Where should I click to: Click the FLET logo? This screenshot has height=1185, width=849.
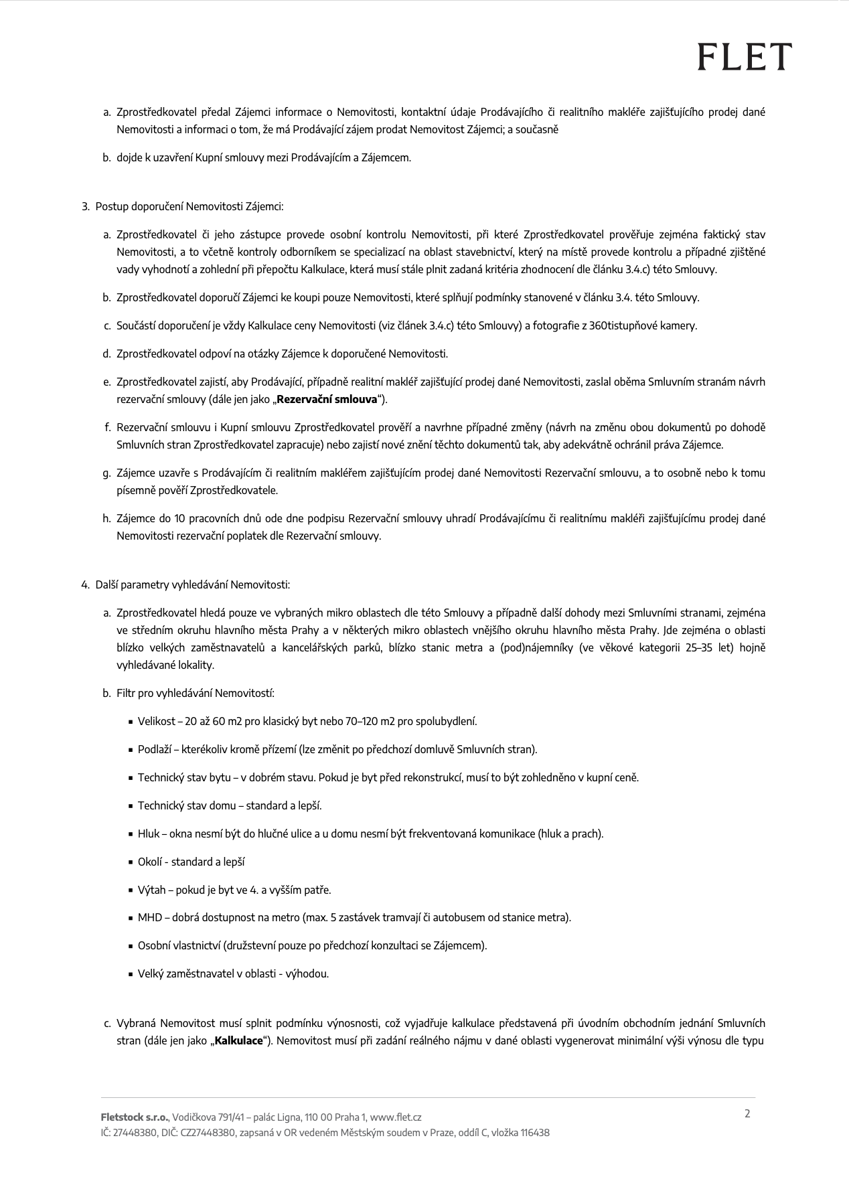tap(744, 56)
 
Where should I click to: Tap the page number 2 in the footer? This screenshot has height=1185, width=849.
tap(747, 1113)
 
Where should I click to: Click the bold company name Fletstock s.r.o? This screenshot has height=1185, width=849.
tap(135, 1117)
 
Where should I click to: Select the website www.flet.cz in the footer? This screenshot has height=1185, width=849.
tap(396, 1117)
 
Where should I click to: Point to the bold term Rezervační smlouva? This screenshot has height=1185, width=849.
tap(327, 400)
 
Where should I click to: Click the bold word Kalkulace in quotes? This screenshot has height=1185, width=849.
tap(238, 1041)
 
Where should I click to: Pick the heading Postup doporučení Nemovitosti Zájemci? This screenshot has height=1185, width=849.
tap(189, 206)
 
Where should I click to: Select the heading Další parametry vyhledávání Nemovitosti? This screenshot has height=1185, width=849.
tap(193, 584)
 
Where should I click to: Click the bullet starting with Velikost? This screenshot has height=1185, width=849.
tap(307, 721)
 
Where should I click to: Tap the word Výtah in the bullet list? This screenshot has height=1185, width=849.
tap(151, 890)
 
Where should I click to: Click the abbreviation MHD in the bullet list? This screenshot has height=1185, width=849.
tap(150, 917)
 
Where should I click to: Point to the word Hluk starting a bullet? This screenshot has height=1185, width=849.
tap(149, 834)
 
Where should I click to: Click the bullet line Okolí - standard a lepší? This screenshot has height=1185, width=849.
tap(191, 862)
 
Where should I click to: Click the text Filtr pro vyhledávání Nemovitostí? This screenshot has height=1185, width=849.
tap(195, 693)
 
